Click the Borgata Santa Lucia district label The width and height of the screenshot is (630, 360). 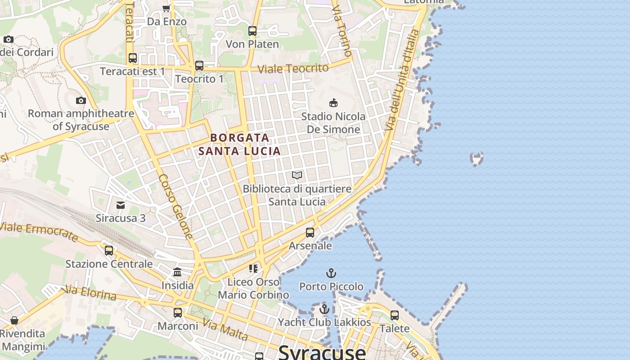tap(239, 144)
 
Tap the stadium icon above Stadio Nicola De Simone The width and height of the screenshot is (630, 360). tap(333, 103)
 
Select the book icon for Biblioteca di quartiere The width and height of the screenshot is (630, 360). tap(297, 175)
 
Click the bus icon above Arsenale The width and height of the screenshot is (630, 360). tap(310, 233)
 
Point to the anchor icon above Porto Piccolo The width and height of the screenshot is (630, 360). tap(331, 273)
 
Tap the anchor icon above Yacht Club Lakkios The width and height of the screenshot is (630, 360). tap(324, 309)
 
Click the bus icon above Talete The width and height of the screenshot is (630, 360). tap(395, 315)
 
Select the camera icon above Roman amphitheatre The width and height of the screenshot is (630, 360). tap(81, 100)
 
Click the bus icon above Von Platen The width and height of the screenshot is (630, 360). tap(252, 31)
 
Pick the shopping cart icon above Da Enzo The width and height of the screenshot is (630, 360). tap(166, 8)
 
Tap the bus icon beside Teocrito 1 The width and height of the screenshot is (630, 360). tap(199, 66)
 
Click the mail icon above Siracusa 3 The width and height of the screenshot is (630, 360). tap(121, 205)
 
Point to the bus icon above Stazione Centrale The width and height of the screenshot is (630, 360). tap(109, 251)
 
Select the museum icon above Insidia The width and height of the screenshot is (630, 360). tap(177, 272)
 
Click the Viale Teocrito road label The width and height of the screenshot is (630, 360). tap(293, 68)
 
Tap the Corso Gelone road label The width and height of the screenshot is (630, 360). tap(176, 207)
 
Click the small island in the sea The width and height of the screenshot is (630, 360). tap(477, 158)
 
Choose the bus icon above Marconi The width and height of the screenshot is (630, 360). tap(178, 312)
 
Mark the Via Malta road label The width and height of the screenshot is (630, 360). tap(225, 329)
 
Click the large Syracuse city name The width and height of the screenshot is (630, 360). tap(322, 352)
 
